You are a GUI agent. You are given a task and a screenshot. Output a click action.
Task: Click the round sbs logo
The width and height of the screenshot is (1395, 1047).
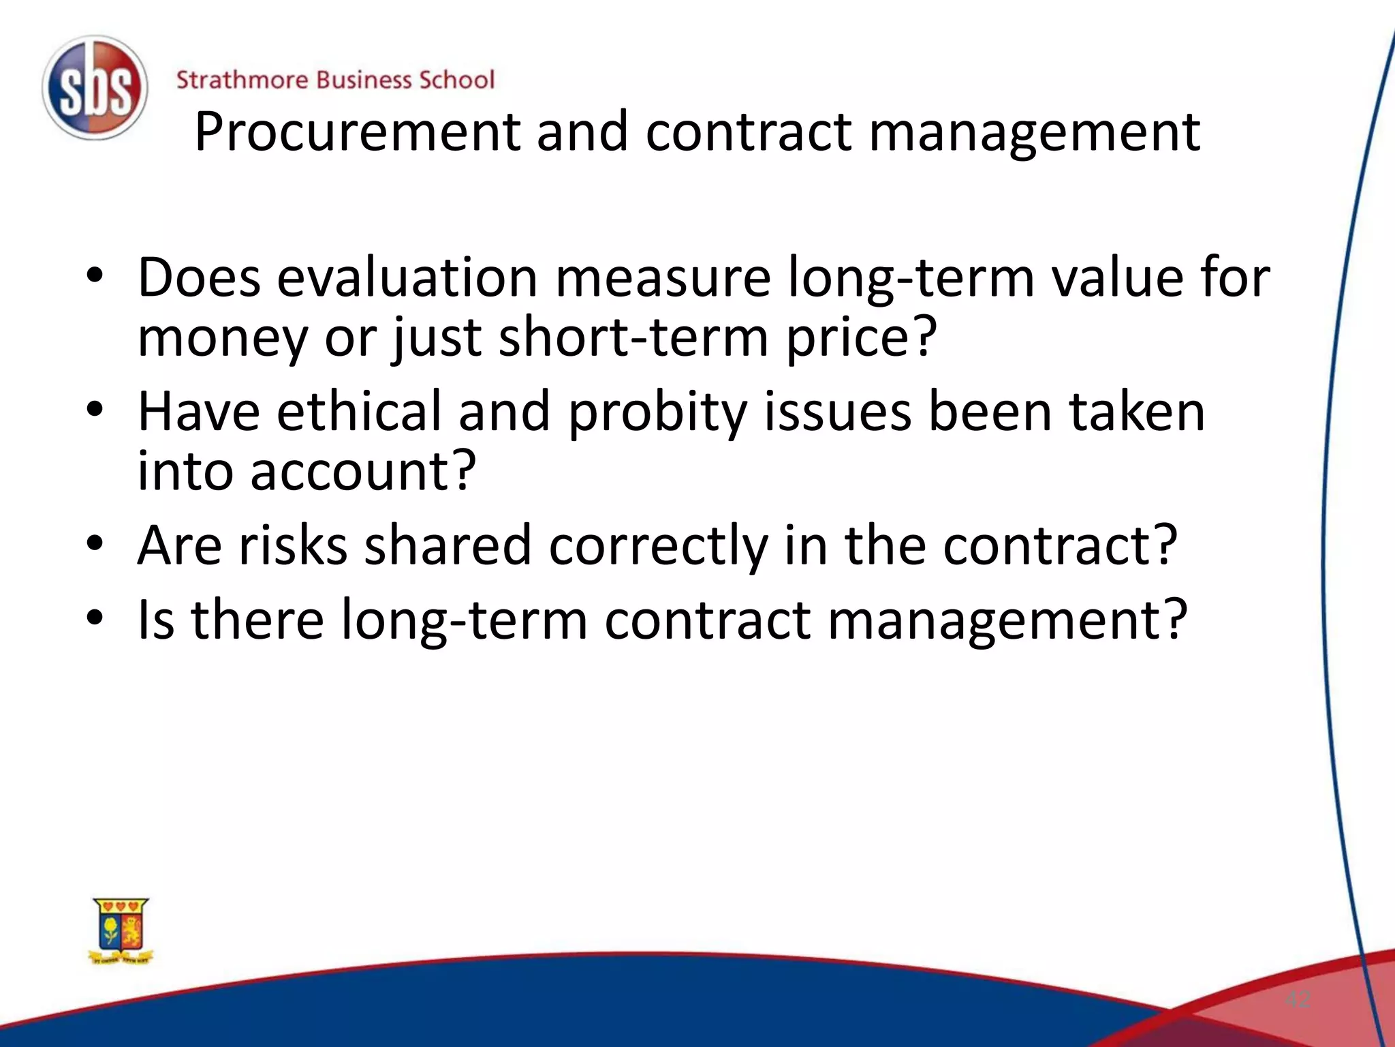95,88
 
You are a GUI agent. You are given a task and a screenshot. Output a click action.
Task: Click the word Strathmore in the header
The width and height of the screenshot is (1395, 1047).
242,80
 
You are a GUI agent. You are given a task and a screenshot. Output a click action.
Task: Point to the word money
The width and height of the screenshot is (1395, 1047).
223,338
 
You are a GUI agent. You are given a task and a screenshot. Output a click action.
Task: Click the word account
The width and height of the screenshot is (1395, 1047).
362,472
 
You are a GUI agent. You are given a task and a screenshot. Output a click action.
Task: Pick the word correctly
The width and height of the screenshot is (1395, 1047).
658,547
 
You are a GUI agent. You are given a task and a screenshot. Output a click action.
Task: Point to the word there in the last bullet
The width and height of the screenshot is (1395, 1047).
257,620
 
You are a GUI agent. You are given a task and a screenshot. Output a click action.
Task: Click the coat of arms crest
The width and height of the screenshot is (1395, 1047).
121,930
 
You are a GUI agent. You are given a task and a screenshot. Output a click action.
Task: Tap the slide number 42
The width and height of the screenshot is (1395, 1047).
1298,1000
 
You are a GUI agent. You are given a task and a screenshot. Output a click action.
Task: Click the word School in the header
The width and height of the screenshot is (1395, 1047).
456,80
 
